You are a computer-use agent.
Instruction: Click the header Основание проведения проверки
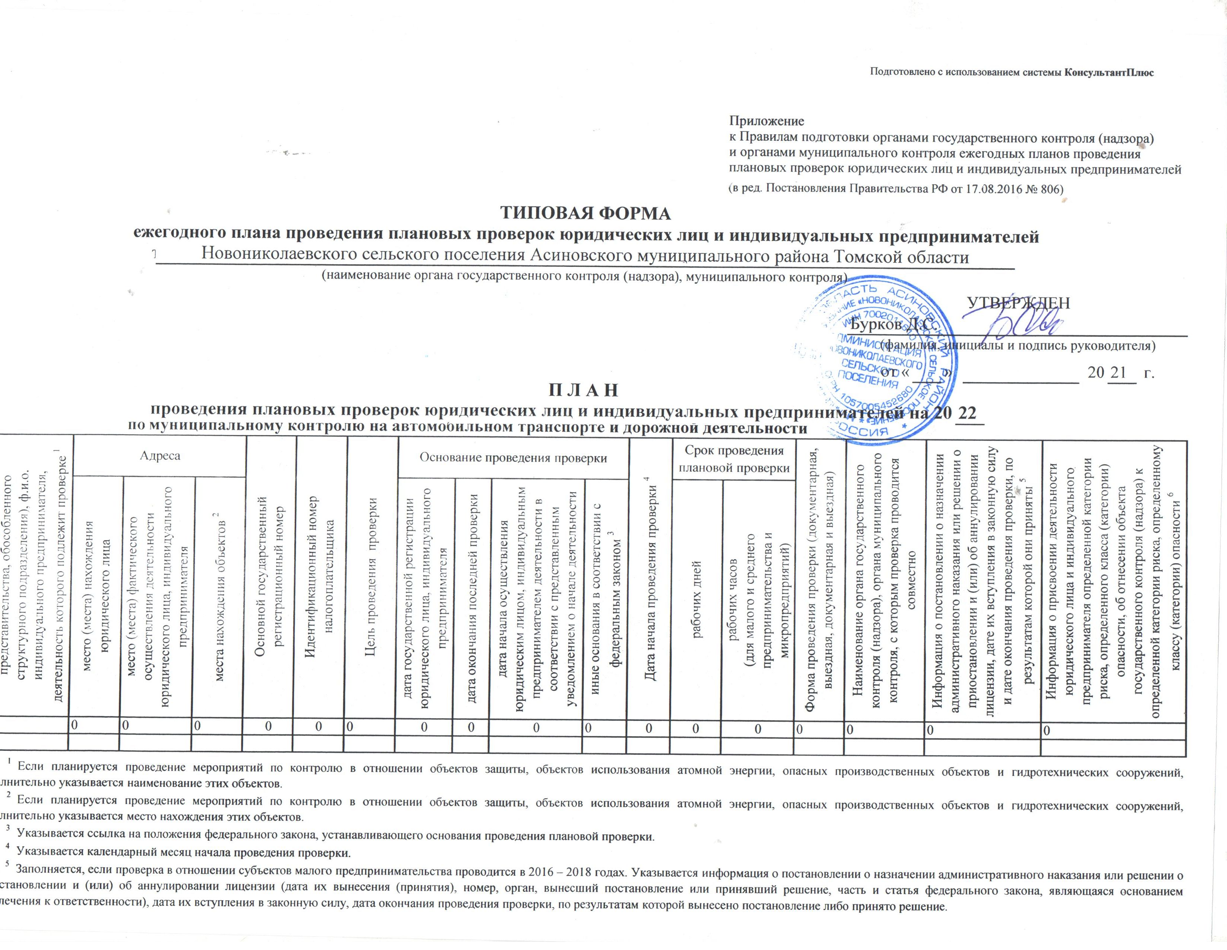point(513,458)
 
